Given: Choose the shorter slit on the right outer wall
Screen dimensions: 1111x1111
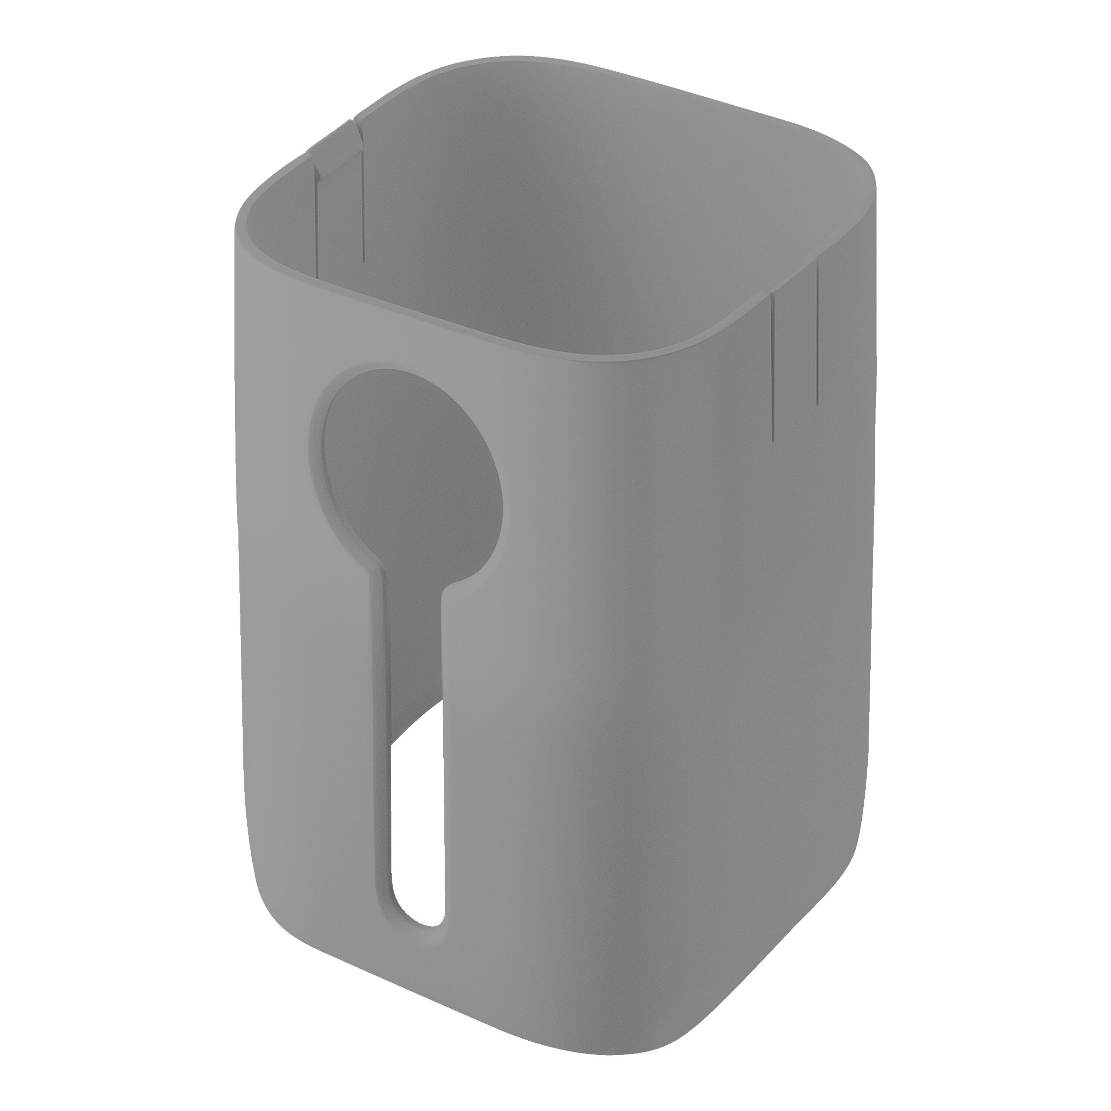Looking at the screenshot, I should click(817, 334).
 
